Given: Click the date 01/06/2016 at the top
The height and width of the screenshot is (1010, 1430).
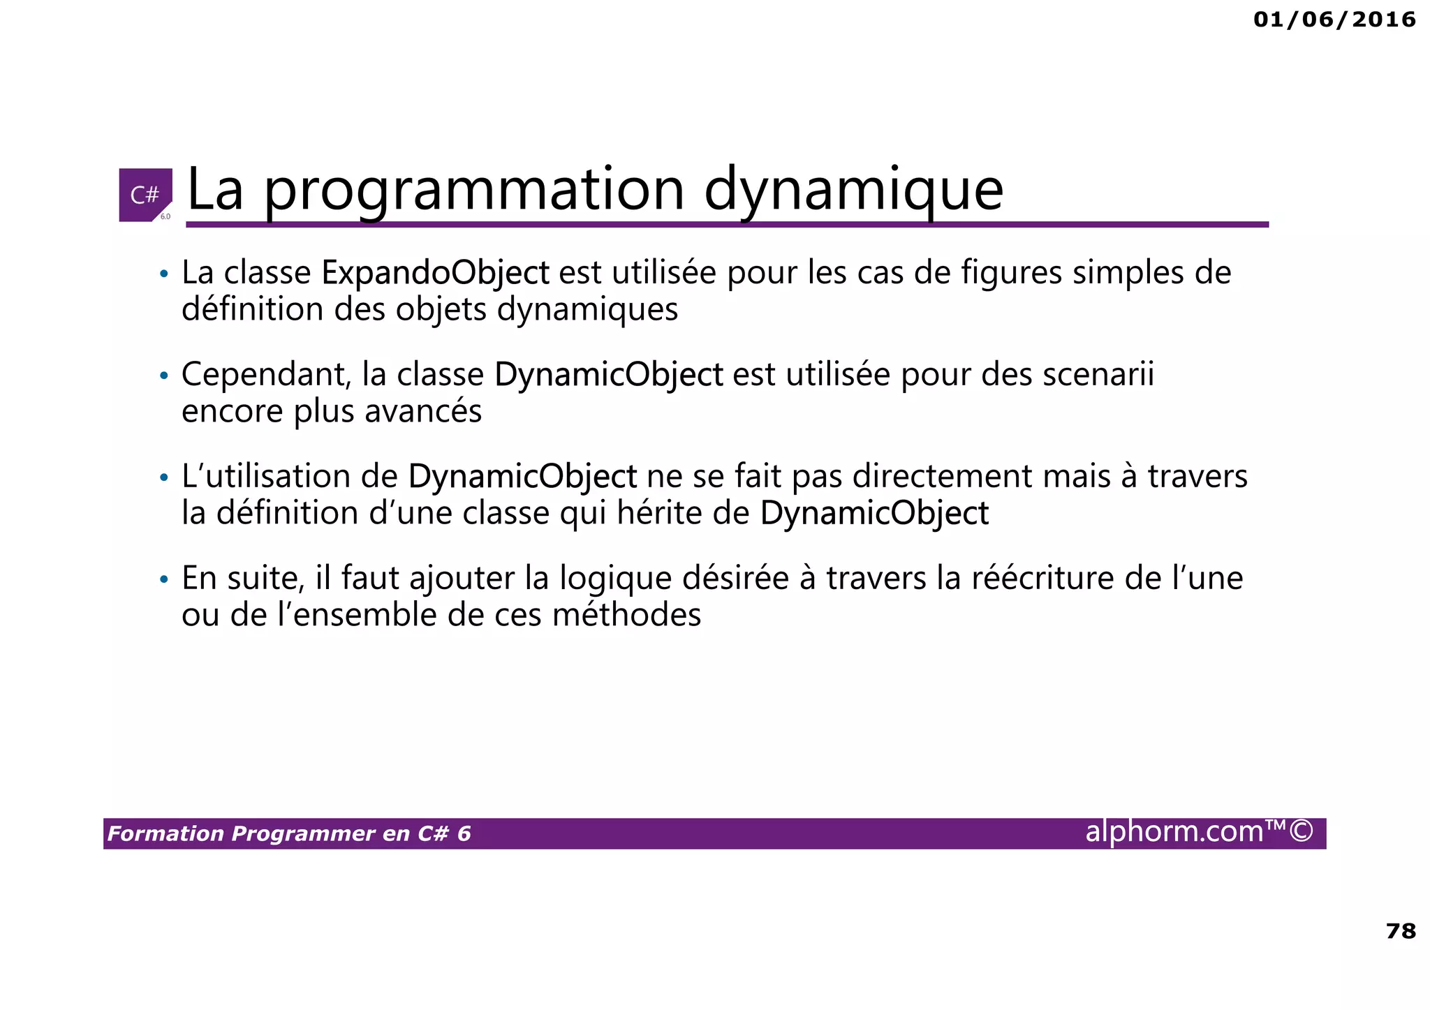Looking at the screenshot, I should tap(1334, 20).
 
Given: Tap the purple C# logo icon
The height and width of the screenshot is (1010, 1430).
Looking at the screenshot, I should tap(145, 195).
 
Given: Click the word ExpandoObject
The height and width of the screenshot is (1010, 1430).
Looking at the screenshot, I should tap(435, 272).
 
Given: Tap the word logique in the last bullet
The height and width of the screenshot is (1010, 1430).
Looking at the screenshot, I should tap(615, 579).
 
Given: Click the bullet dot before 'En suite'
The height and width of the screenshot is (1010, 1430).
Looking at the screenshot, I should tap(164, 580).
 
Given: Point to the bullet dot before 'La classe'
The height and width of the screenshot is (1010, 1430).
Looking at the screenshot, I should tap(164, 274).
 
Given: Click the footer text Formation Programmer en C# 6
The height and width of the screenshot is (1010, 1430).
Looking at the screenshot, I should tap(289, 833).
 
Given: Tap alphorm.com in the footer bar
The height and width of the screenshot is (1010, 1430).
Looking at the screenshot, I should tap(1174, 832).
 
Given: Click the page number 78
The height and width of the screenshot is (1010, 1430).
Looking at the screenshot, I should tap(1401, 931).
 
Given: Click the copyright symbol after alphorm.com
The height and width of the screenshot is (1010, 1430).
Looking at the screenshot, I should tap(1301, 832).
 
